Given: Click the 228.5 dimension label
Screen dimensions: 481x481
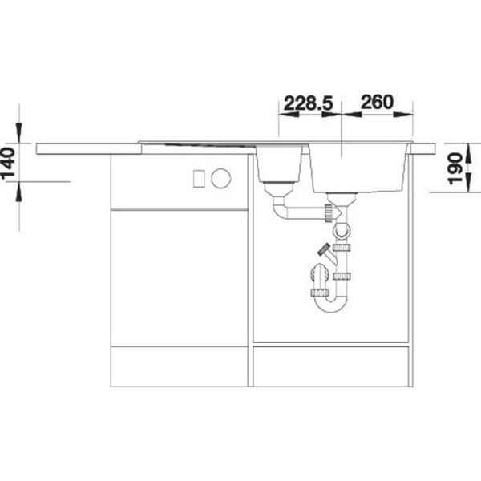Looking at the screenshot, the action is coord(308,103).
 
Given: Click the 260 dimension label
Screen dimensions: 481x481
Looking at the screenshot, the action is coord(377,102).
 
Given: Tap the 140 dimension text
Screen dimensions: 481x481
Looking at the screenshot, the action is coord(8,163).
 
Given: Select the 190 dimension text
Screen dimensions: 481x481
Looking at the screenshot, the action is coord(455,168).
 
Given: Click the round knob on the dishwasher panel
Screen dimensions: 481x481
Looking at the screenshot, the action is coord(221,178).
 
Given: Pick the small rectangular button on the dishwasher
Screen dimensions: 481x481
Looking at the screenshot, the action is coord(199,178).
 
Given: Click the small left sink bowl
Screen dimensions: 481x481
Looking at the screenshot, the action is coord(278,164).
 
